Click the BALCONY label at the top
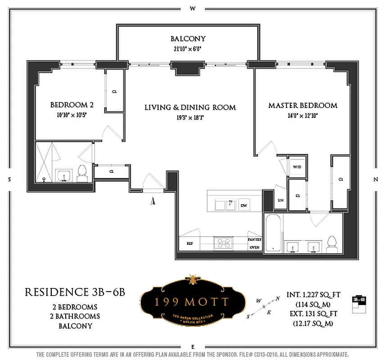(x=188, y=39)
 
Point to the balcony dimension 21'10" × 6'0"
(x=188, y=49)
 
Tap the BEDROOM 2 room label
(x=72, y=105)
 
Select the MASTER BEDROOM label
(x=303, y=105)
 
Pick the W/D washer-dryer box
(x=297, y=167)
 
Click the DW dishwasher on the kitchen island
(x=244, y=205)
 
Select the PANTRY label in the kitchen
(x=254, y=240)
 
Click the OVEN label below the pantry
(x=254, y=247)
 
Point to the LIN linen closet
(x=280, y=200)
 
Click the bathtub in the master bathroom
(x=273, y=234)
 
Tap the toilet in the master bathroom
(x=333, y=243)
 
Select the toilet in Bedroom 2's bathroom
(x=82, y=173)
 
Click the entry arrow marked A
(x=153, y=201)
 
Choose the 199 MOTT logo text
(x=192, y=301)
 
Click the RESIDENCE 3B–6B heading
(x=74, y=292)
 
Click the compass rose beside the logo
(x=263, y=306)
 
